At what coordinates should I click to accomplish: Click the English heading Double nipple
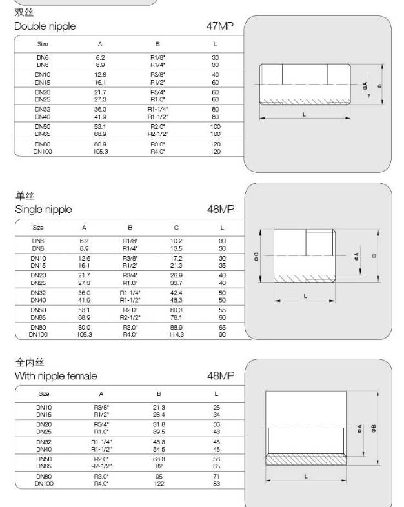click(x=45, y=26)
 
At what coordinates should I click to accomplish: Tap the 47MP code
click(x=220, y=26)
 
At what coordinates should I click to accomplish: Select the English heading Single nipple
click(x=43, y=210)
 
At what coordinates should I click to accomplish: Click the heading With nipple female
click(x=56, y=375)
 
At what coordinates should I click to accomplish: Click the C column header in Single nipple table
click(x=176, y=228)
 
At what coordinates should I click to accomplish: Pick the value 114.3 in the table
click(x=176, y=334)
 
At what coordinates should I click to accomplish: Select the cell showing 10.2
click(x=176, y=240)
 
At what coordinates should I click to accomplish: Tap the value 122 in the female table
click(x=159, y=482)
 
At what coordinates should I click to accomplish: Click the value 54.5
click(x=159, y=448)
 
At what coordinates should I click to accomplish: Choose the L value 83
click(x=216, y=482)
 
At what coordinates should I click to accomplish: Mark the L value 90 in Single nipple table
click(x=222, y=334)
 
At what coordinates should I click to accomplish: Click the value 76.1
click(x=176, y=317)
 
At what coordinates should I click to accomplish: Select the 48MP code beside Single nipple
click(x=220, y=210)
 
